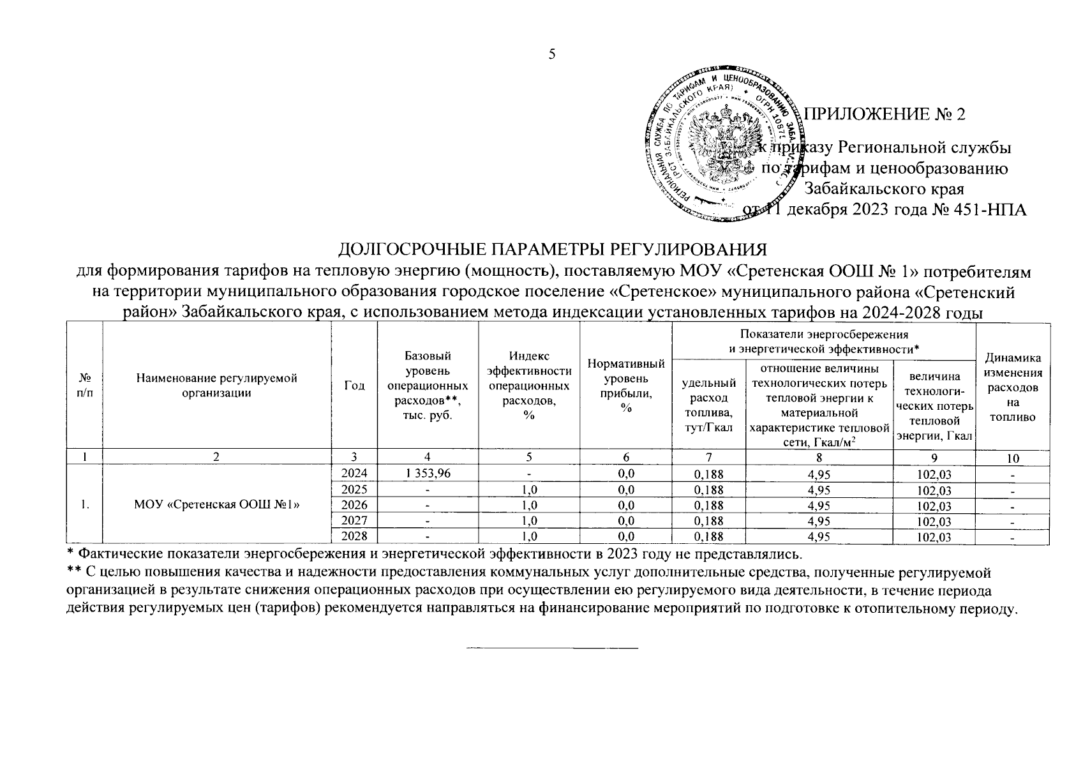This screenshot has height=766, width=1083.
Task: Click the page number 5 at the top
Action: click(x=553, y=54)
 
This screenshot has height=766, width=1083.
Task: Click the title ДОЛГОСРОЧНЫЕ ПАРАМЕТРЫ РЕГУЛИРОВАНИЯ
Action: click(x=551, y=249)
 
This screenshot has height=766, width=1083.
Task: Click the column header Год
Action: click(x=354, y=385)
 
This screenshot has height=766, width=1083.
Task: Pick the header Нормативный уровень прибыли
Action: click(x=625, y=386)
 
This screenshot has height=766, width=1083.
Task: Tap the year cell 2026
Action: click(x=354, y=506)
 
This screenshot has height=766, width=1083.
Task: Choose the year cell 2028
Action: click(x=354, y=536)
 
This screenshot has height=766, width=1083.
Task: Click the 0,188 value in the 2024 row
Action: click(x=708, y=474)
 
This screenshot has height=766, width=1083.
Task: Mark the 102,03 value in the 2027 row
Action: click(x=933, y=522)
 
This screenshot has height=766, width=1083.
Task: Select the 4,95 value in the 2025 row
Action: click(x=819, y=490)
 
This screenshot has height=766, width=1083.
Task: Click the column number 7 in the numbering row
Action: click(x=708, y=457)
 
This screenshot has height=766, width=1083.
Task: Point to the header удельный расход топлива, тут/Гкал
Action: click(x=708, y=404)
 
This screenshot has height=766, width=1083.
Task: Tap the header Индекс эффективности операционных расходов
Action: click(x=529, y=386)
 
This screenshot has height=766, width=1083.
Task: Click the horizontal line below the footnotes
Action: click(x=553, y=648)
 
